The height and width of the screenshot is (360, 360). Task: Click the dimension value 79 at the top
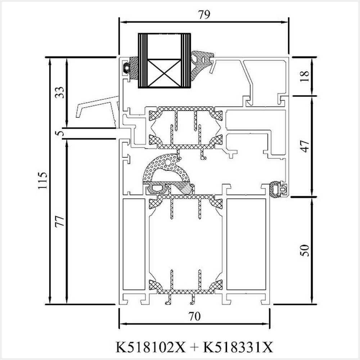tap(204, 14)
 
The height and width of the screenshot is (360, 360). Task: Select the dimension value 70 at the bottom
tap(194, 316)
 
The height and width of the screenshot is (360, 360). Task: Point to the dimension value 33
tap(59, 93)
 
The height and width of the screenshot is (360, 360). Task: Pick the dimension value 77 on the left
tap(59, 221)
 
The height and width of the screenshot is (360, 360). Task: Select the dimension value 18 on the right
tap(304, 76)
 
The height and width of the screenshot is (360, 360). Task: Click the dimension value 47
tap(304, 146)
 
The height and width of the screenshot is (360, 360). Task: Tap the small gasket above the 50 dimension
tap(278, 189)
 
